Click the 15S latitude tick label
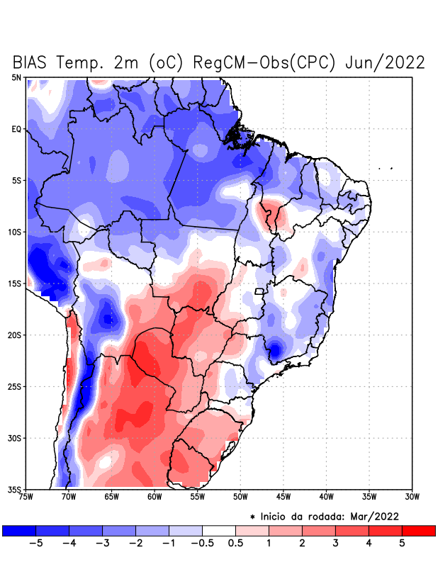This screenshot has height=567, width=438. tap(16, 283)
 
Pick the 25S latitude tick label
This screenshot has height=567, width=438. tap(16, 386)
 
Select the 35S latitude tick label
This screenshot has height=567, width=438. tap(16, 489)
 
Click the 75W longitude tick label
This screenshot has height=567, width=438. tap(27, 496)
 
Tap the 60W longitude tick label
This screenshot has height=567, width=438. tap(155, 496)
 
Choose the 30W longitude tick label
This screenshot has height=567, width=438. tap(412, 496)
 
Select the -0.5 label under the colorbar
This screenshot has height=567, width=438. tap(202, 544)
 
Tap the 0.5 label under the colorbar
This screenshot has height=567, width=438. tap(235, 544)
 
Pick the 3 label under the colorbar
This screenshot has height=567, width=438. tap(335, 544)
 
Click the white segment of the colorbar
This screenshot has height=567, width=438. tap(219, 530)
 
